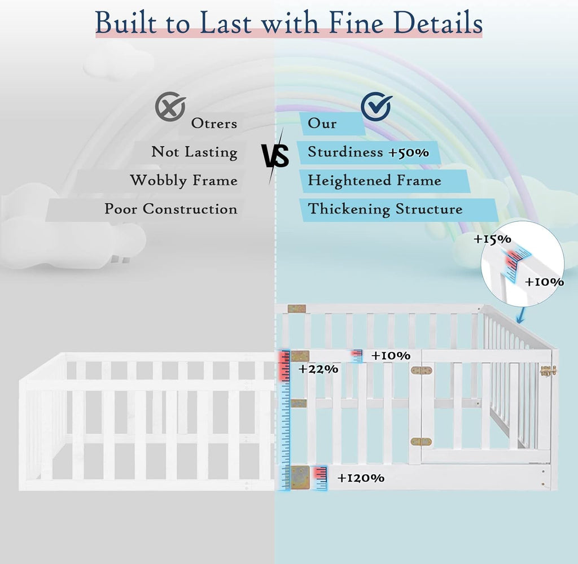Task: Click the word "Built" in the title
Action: click(125, 23)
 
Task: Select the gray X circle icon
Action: click(170, 106)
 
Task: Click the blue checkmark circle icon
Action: click(376, 107)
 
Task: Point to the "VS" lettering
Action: click(275, 156)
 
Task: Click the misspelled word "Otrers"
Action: click(214, 124)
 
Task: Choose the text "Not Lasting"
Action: click(194, 152)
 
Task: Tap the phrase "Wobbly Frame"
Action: click(184, 181)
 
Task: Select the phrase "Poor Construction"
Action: click(171, 209)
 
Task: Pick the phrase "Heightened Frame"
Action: click(375, 181)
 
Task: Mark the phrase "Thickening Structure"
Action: click(385, 209)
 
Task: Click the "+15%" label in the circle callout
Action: click(492, 239)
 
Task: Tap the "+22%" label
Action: click(318, 369)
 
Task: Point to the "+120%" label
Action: click(361, 478)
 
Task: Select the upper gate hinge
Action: click(421, 370)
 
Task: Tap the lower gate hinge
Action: click(421, 441)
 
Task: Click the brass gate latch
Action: click(548, 371)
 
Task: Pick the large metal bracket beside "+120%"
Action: click(300, 478)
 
